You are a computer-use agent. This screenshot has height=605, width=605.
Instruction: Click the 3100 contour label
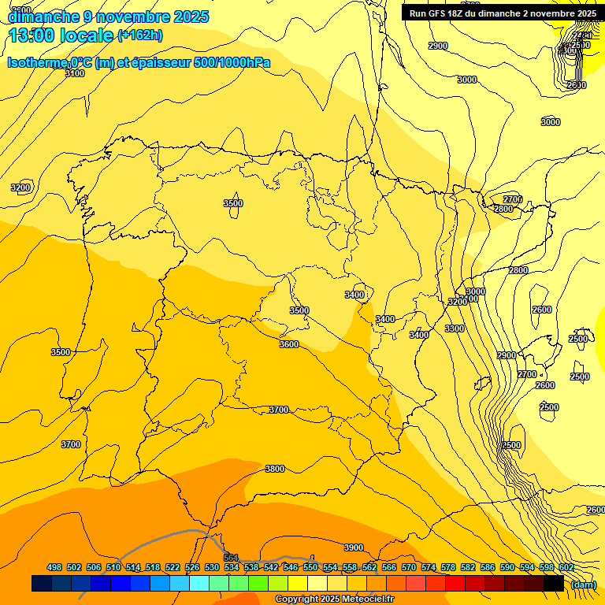pos(75,73)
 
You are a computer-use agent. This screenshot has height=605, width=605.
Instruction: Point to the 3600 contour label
pos(289,344)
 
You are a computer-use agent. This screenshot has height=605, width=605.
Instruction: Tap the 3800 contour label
pos(274,469)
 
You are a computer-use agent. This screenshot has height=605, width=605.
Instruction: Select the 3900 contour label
pos(354,547)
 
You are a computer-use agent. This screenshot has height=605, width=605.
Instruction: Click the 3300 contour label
pos(455,328)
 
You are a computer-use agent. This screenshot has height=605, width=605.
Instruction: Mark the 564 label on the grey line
pos(231,558)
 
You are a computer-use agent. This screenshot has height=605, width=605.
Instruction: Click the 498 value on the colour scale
pos(54,567)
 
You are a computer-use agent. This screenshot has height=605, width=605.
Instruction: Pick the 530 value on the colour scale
pos(212,567)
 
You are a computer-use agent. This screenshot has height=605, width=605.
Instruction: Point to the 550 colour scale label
pos(310,567)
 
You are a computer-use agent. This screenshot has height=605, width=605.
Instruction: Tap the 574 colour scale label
pos(429,567)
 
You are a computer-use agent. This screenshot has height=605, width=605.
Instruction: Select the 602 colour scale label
pos(566,567)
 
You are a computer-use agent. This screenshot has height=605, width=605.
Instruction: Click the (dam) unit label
pos(584,584)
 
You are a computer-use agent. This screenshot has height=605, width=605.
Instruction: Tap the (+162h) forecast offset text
pos(139,35)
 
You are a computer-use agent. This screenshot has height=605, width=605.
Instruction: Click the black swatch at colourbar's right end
pos(554,584)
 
